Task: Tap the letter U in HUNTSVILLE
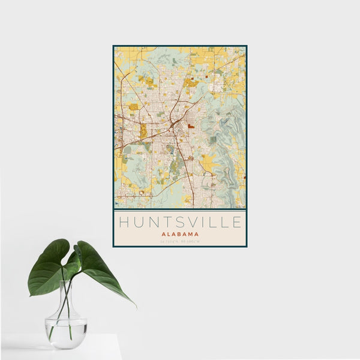tap(139, 223)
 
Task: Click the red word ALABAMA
tap(180, 234)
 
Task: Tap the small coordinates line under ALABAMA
tap(180, 241)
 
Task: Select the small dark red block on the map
tap(191, 127)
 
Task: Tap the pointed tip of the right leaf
tap(134, 306)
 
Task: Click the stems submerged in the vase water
tap(65, 324)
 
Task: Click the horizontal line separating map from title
tap(180, 209)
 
